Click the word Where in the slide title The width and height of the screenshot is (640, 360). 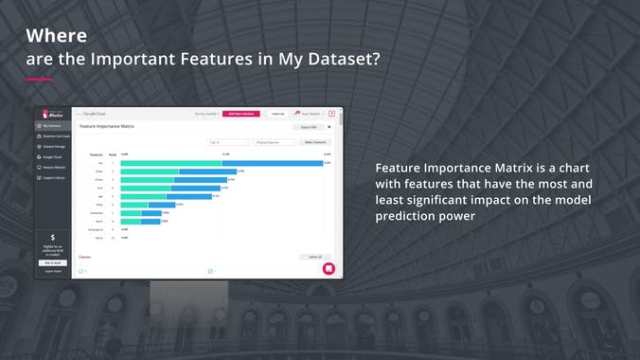click(56, 36)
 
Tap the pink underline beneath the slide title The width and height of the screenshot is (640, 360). click(38, 79)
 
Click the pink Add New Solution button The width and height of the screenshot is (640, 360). click(241, 114)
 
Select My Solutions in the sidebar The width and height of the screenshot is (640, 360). click(52, 125)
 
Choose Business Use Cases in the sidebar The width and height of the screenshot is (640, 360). click(56, 135)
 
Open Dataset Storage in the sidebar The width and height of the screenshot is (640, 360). click(55, 146)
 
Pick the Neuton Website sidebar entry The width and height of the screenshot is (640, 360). click(54, 167)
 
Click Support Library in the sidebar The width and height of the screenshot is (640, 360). click(53, 177)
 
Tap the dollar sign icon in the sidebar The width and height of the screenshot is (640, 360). click(53, 238)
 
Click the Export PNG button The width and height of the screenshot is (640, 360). click(308, 126)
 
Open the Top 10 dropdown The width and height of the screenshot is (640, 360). click(228, 142)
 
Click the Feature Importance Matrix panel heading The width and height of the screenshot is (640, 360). click(107, 125)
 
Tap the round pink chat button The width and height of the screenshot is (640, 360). click(329, 268)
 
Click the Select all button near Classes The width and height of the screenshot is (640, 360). click(315, 256)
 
